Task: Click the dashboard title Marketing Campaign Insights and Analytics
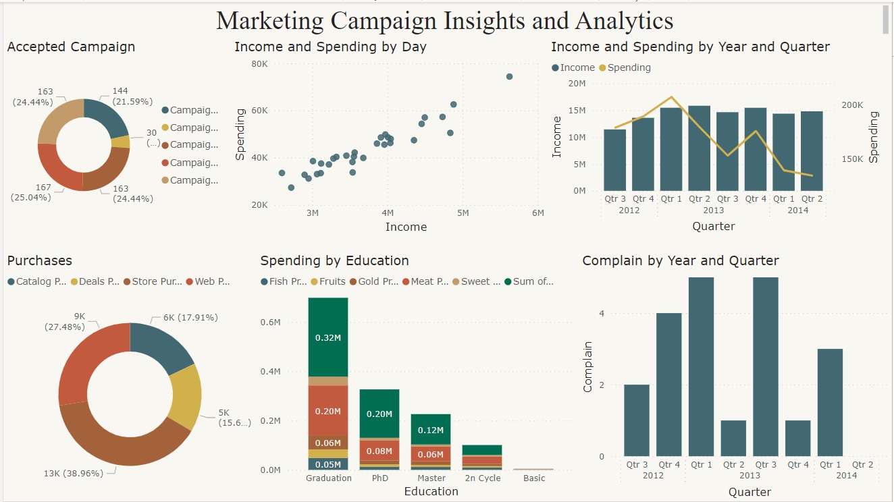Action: [444, 21]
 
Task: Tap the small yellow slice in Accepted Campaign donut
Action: [122, 142]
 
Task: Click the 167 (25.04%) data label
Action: [32, 192]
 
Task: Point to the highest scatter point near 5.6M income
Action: [509, 77]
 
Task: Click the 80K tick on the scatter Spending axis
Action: [259, 64]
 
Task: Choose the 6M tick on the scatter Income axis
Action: [537, 213]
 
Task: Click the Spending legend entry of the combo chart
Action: [629, 67]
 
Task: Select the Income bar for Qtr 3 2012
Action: [614, 160]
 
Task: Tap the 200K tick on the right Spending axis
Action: [853, 105]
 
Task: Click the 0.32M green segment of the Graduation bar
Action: [328, 337]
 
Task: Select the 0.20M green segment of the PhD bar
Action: [379, 414]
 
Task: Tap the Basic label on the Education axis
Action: [534, 478]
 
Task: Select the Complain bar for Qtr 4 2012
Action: [669, 385]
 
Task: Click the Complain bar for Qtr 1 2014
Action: [830, 402]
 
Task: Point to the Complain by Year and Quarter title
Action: [681, 260]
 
